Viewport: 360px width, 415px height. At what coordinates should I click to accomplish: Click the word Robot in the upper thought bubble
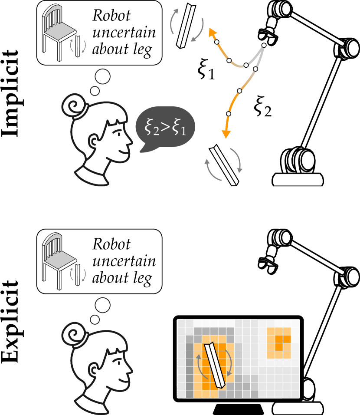click(111, 16)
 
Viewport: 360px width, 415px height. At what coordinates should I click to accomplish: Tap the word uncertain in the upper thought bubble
click(124, 33)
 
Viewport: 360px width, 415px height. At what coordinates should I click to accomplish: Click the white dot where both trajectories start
click(264, 46)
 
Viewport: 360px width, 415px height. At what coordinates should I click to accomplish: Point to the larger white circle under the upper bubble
click(103, 77)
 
